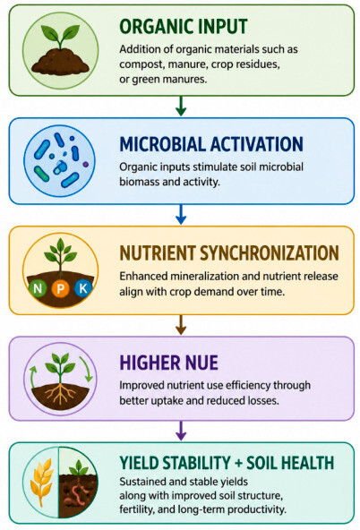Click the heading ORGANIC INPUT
(x=184, y=26)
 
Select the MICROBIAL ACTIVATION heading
(x=211, y=144)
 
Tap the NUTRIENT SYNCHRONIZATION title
(x=229, y=252)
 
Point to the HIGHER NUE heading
(x=168, y=363)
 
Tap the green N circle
(x=38, y=288)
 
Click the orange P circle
(x=61, y=289)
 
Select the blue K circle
(x=83, y=288)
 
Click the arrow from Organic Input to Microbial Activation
(x=181, y=107)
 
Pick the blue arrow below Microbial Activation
(x=181, y=214)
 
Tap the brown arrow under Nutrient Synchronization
(x=181, y=325)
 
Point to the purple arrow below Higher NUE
(x=181, y=431)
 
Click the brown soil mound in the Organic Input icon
(x=61, y=61)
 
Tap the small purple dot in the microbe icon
(x=85, y=164)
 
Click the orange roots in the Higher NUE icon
(x=61, y=393)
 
